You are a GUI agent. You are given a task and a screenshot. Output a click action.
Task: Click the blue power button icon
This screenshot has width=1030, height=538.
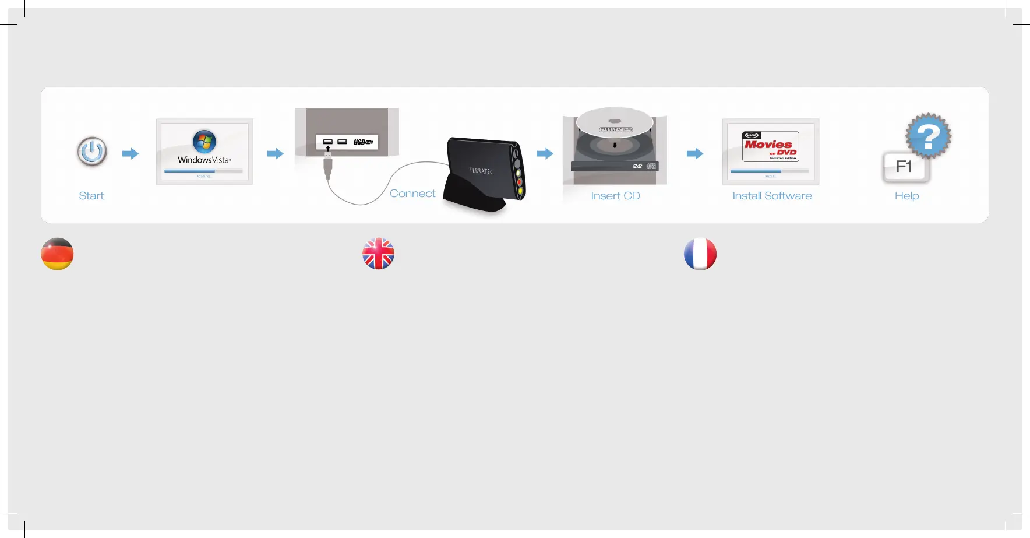pos(92,152)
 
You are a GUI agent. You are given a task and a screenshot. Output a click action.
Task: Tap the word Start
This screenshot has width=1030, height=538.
pos(91,196)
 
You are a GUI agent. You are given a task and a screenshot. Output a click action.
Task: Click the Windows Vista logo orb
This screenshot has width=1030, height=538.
pos(204,141)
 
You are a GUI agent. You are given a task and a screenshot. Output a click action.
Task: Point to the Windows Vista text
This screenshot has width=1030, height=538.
pos(204,160)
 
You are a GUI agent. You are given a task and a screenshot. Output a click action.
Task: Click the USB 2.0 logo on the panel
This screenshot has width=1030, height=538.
pos(363,142)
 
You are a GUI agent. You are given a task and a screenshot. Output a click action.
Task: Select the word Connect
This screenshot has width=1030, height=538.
pos(412,194)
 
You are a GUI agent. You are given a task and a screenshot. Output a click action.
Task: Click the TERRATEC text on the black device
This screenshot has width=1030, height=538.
pos(481,171)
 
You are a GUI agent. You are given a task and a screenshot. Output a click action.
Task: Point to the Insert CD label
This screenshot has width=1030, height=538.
pos(615,196)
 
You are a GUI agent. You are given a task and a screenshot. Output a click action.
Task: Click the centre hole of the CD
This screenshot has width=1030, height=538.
pos(615,121)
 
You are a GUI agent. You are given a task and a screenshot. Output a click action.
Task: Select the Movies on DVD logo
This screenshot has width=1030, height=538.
pos(770,146)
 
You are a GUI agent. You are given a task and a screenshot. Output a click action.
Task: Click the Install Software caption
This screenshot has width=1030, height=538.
pos(772,196)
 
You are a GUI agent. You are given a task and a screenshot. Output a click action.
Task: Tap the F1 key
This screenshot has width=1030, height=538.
pos(904,167)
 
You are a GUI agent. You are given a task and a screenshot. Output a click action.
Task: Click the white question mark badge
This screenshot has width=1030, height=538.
pos(928,136)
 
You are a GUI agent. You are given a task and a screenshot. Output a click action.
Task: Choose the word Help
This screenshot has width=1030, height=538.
pos(906,196)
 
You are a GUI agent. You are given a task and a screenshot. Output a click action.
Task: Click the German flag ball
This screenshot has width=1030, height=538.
pos(57,254)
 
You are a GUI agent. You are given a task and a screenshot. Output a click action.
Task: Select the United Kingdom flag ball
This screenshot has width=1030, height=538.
pos(379,254)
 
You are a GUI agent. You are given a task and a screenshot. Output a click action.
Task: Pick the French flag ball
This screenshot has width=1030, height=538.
pos(700,254)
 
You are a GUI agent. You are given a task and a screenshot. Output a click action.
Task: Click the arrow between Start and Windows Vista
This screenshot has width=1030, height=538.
pos(130,154)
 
